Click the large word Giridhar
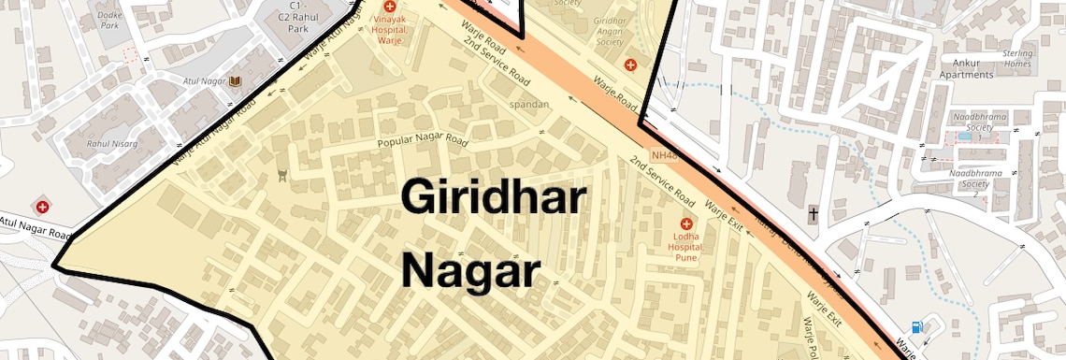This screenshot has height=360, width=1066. (x=494, y=199)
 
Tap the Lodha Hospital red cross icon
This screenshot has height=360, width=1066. (x=688, y=224)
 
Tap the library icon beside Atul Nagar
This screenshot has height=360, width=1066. (x=235, y=82)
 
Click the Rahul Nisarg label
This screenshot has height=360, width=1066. (x=112, y=144)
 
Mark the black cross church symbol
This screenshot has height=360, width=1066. (x=814, y=214)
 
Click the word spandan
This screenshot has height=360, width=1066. (x=529, y=104)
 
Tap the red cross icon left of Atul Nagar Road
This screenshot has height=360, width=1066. (x=42, y=205)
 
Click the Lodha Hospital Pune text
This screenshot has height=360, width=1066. (x=688, y=247)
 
